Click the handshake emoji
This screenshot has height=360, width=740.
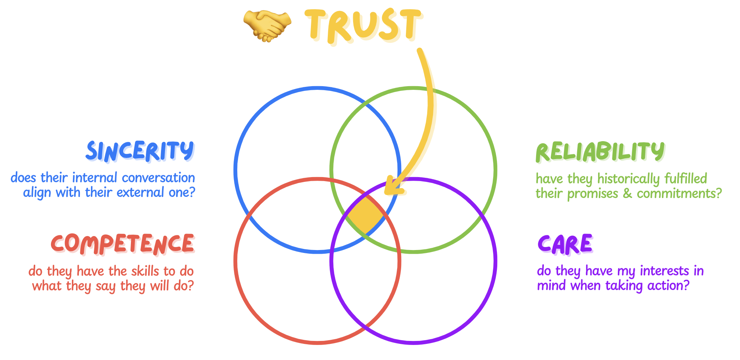(x=267, y=26)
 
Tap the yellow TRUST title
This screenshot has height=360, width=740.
(x=363, y=25)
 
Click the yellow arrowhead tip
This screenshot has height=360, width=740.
(x=387, y=192)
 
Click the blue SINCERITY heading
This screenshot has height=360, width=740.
(x=140, y=151)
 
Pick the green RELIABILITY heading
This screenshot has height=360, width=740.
(x=600, y=151)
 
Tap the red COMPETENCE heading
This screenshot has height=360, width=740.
(x=122, y=244)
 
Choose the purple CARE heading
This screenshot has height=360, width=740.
(x=565, y=244)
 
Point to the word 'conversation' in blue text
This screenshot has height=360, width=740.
(x=158, y=178)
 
